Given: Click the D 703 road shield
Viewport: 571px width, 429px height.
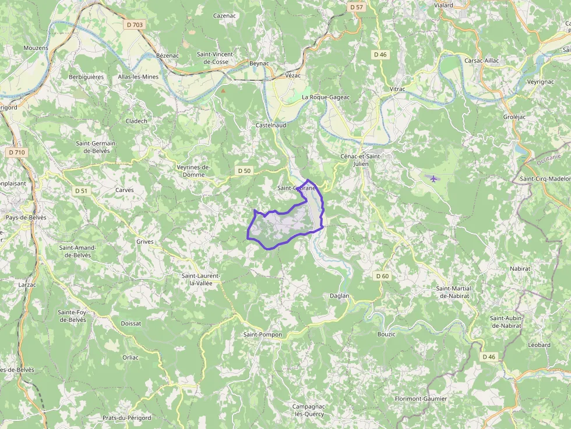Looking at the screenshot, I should point(133,25).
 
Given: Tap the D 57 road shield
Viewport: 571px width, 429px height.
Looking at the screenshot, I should point(357,7).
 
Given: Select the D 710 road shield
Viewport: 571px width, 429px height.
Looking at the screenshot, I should point(17,153).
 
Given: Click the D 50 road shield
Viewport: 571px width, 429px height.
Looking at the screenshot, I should point(244,171).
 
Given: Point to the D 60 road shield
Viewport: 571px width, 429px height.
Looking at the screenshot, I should point(382,276).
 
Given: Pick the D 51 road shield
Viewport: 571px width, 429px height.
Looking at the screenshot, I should point(81,190).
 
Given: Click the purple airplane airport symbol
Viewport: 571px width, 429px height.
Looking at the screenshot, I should point(433,178).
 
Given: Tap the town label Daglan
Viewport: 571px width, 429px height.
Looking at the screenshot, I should point(339,296).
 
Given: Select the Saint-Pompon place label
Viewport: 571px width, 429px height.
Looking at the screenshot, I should point(262,335).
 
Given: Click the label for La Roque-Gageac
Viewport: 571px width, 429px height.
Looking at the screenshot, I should point(326,97).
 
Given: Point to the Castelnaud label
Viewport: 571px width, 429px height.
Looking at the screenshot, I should point(270,125).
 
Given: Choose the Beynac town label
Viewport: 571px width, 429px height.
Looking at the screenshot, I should point(259,62).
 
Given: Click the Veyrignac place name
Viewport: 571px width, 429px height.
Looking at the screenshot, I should point(540,83).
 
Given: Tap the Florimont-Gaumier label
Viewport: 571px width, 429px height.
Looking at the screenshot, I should point(421,399).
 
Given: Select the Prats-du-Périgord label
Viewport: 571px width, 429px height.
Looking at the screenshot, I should point(126,418).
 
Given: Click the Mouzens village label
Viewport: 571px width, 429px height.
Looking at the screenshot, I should point(36,48).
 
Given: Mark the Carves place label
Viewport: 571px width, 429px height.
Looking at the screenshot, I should point(124,190).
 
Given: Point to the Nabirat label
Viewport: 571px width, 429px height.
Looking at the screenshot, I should point(520,269).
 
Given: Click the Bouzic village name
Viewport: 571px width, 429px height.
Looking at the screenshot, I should point(386,334).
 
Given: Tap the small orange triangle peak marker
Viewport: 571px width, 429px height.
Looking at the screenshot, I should point(223,91).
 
